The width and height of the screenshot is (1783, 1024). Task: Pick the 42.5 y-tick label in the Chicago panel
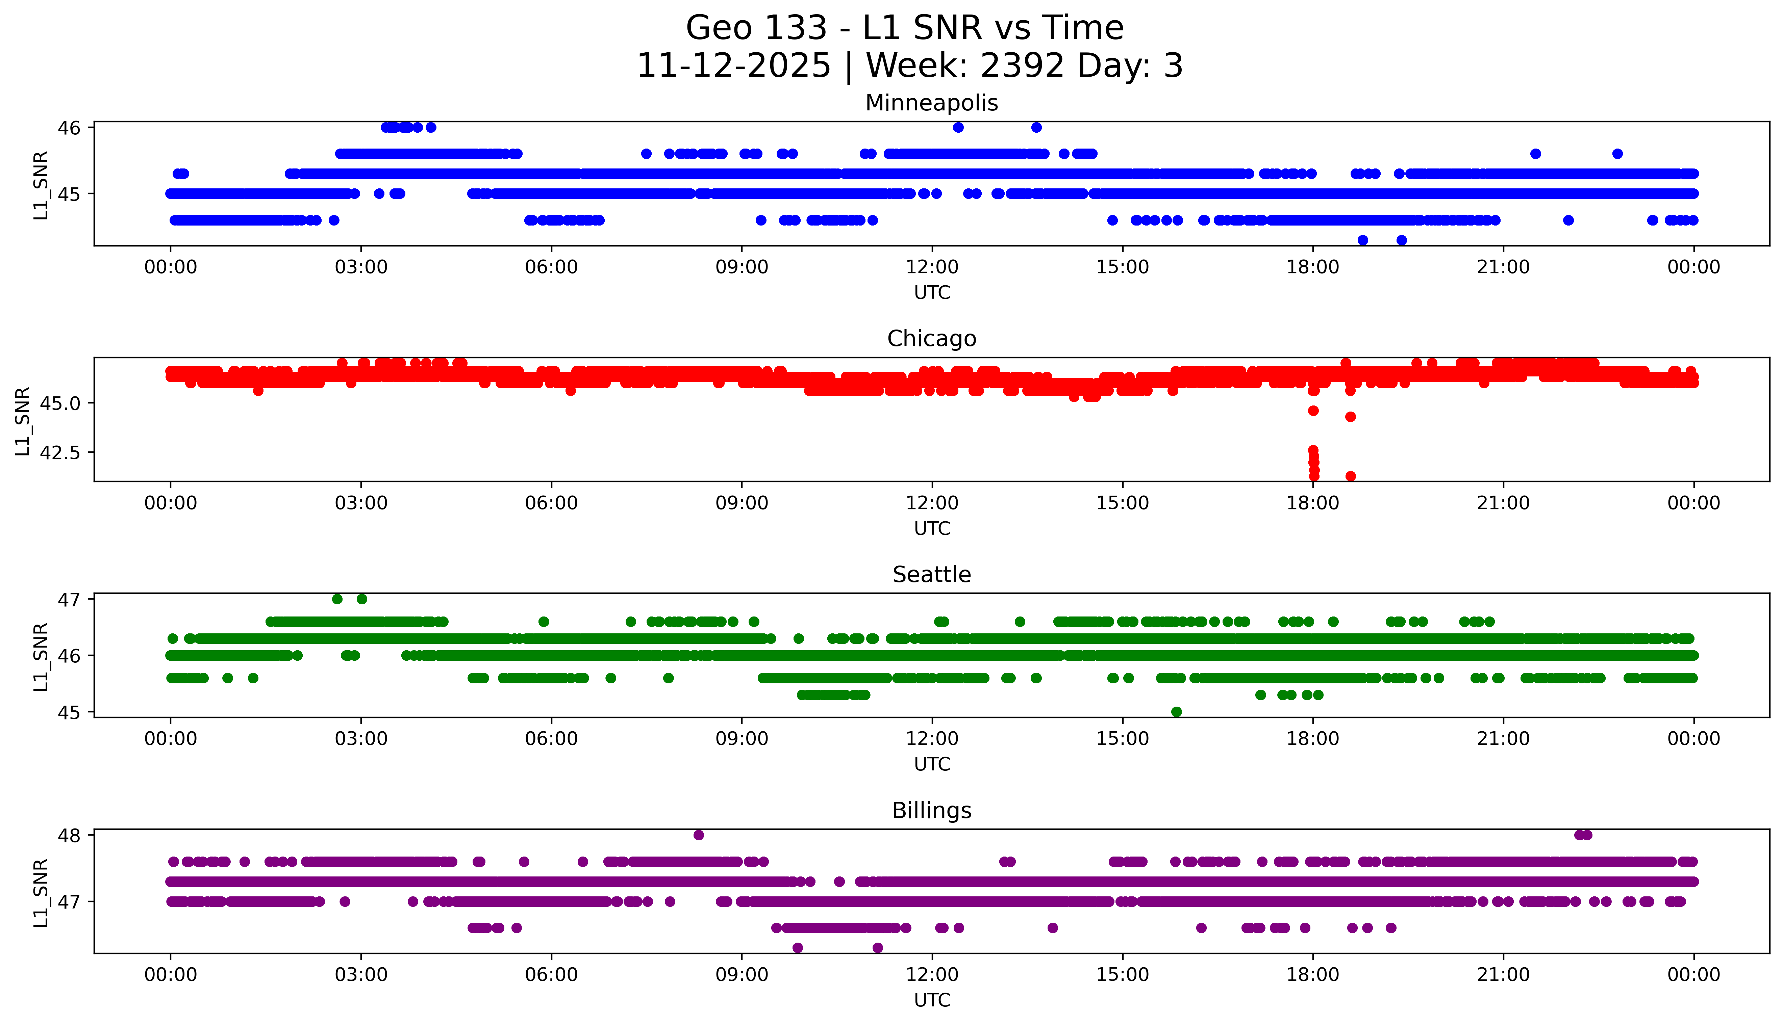tap(60, 452)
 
